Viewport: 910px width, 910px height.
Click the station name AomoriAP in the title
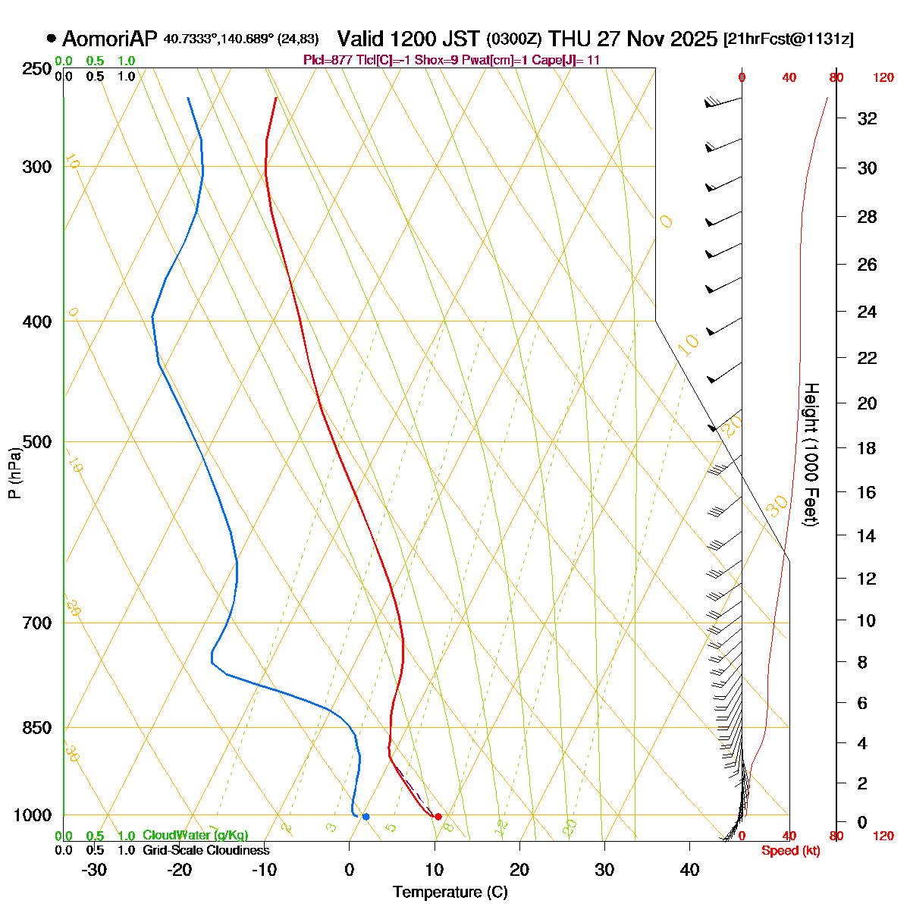coord(111,39)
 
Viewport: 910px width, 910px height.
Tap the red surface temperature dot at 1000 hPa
coord(438,817)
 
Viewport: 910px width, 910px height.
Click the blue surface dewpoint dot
coord(366,817)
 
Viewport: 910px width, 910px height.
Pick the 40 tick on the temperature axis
coord(689,870)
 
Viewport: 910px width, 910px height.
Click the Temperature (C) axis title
coord(450,893)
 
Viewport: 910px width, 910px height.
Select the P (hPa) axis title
coord(14,474)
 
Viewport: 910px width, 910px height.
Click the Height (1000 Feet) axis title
coord(811,455)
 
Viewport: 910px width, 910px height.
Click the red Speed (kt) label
coord(790,851)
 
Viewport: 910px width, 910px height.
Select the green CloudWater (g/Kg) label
coord(195,836)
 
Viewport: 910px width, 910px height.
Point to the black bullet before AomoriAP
coord(51,38)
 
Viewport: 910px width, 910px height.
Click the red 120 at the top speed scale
coord(883,77)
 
